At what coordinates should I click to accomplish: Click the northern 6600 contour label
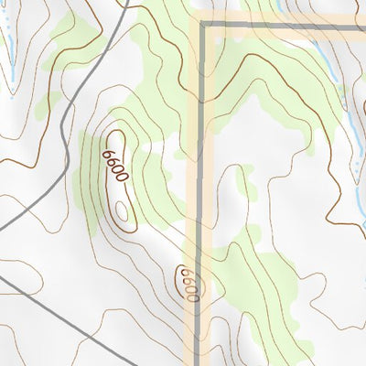point(115,167)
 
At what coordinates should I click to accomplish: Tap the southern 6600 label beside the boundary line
point(188,284)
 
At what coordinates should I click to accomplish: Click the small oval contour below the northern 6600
point(122,212)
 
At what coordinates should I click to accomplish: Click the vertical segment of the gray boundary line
point(200,165)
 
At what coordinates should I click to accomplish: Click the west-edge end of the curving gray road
point(2,227)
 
